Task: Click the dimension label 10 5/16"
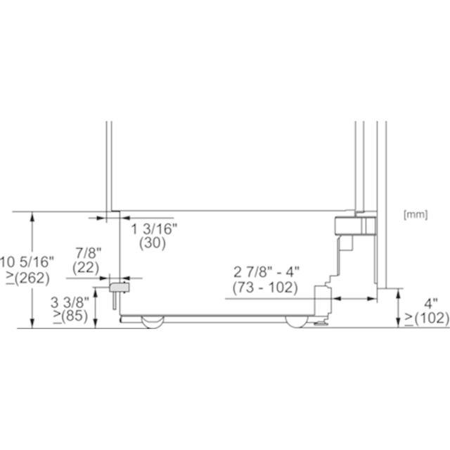(27, 262)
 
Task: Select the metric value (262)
(32, 278)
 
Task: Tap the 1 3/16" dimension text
(155, 229)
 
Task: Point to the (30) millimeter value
(153, 243)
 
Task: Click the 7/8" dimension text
(89, 253)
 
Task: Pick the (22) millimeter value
(86, 268)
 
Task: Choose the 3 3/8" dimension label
(70, 302)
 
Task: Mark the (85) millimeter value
(75, 316)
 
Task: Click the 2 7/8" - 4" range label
(266, 272)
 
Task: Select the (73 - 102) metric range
(265, 288)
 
